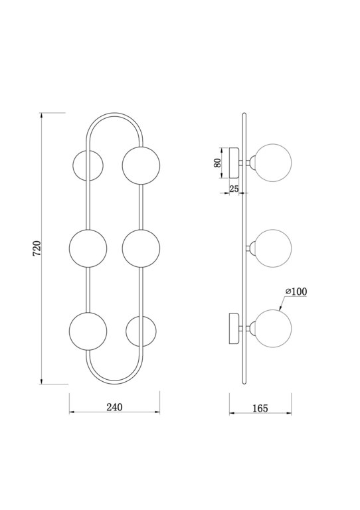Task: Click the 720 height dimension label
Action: [x=37, y=248]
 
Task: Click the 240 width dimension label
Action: [x=114, y=407]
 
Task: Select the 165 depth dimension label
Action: [x=260, y=408]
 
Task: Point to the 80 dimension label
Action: [x=218, y=163]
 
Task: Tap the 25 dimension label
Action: [x=234, y=189]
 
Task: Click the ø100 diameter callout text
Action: [x=296, y=292]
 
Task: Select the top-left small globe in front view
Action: [x=88, y=165]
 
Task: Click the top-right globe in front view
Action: [x=141, y=165]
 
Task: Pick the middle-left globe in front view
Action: [x=88, y=248]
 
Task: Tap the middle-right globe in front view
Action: [x=141, y=248]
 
